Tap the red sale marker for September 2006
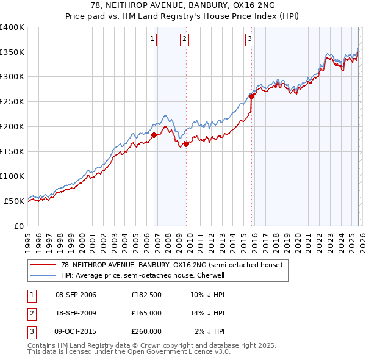point(154,135)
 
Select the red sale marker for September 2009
point(187,144)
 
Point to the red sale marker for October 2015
point(252,96)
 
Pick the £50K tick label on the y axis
point(15,201)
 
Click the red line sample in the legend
point(43,265)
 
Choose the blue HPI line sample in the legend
point(43,275)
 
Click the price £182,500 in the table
point(146,295)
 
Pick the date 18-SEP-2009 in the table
point(76,313)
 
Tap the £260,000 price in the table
point(146,331)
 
